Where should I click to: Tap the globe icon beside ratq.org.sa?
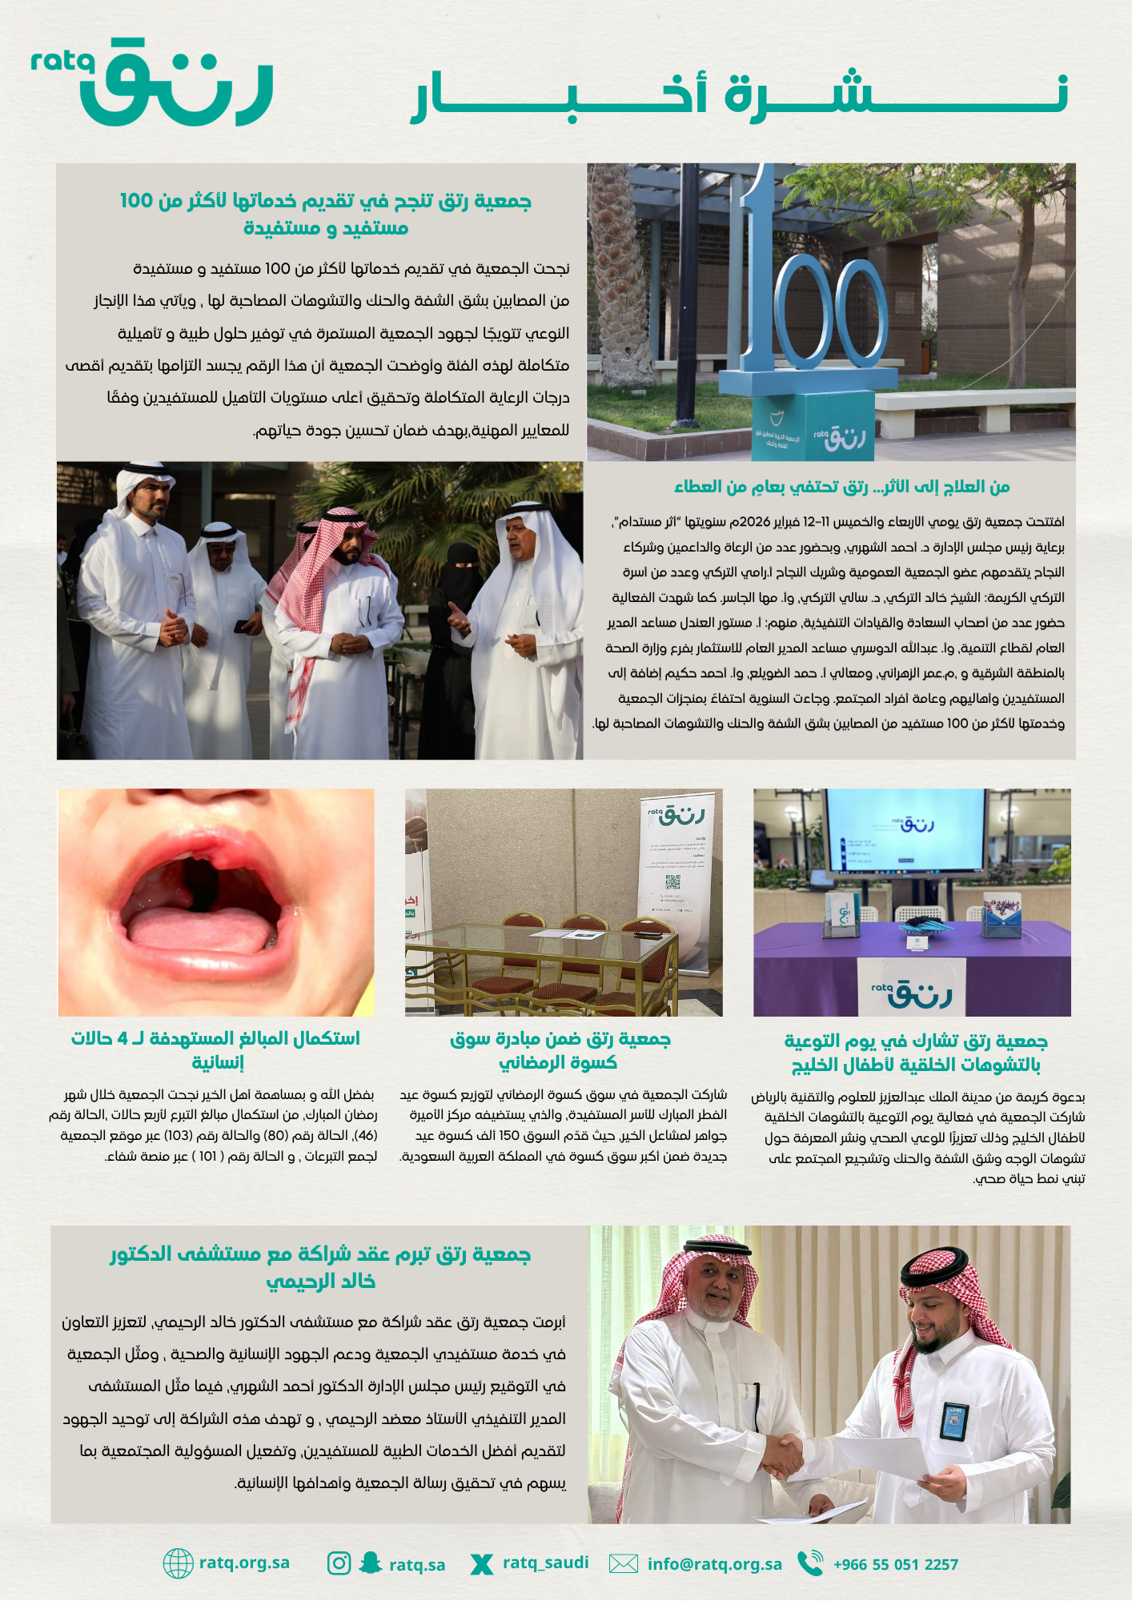coord(178,1563)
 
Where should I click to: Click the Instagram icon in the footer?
coord(339,1563)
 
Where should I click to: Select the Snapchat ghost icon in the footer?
coord(370,1563)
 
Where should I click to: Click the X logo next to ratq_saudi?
coord(481,1563)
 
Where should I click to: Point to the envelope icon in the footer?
coord(624,1563)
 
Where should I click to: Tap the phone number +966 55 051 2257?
coord(895,1564)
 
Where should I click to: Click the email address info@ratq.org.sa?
coord(714,1564)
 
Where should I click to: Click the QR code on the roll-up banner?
coord(672,882)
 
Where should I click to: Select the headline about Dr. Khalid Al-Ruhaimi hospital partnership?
coord(321,1267)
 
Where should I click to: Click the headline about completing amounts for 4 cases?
coord(216,1050)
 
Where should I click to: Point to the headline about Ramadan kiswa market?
coord(560,1050)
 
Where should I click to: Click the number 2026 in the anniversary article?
coord(754,522)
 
